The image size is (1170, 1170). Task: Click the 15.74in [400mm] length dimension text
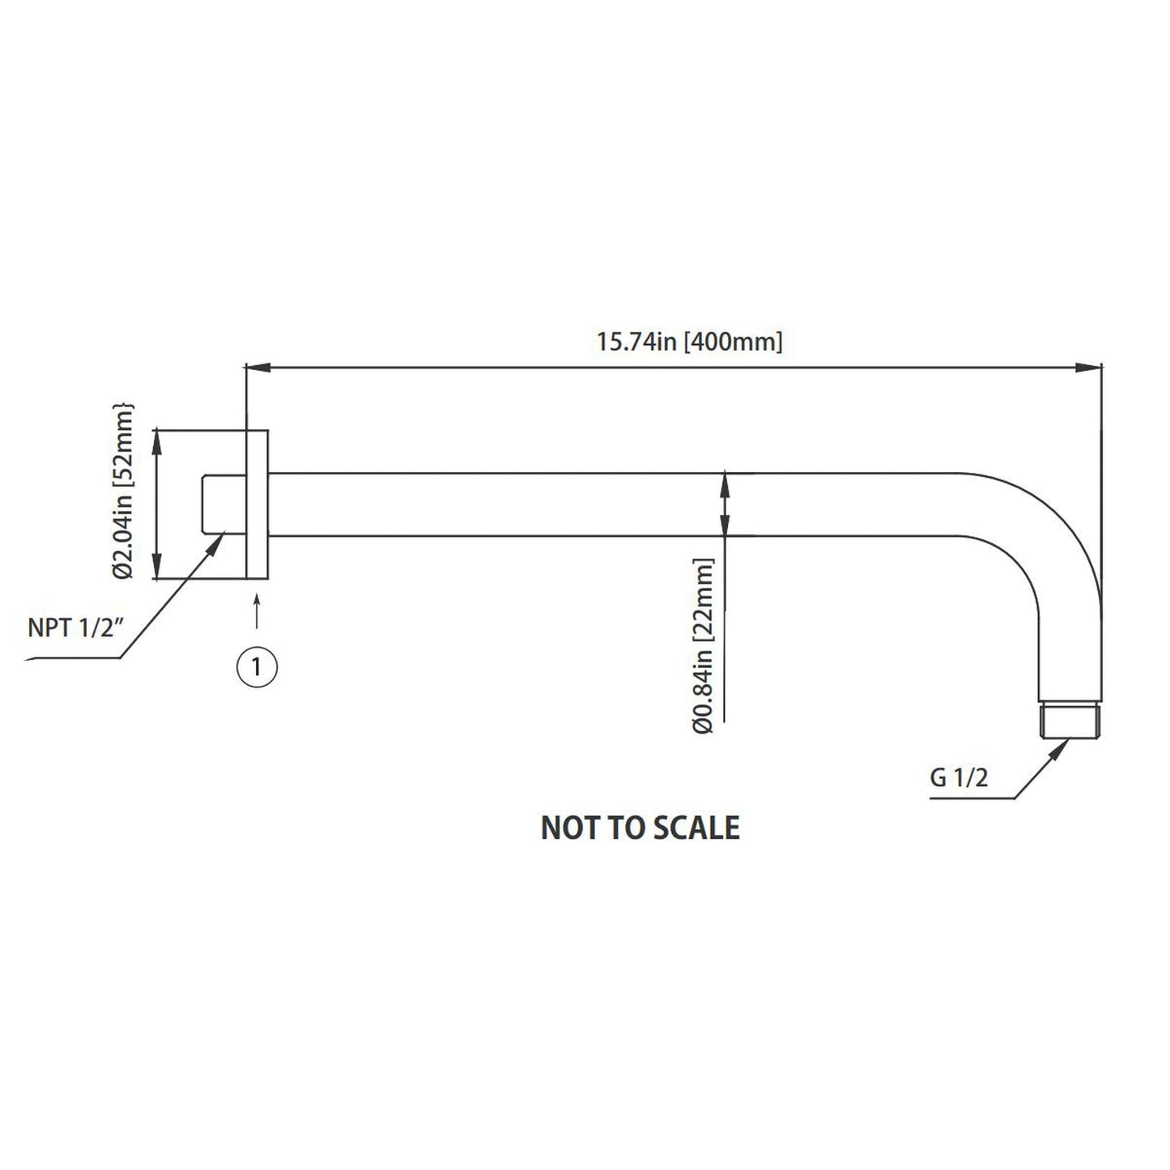(690, 341)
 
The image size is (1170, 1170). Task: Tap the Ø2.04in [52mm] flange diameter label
(124, 491)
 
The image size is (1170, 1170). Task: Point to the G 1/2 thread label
(959, 779)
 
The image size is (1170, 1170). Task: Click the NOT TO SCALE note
(640, 828)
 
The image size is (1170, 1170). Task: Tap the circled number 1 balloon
(257, 666)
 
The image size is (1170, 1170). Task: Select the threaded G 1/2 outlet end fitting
(1071, 721)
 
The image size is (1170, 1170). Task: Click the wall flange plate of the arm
(257, 504)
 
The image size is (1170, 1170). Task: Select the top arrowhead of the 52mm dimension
(157, 440)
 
